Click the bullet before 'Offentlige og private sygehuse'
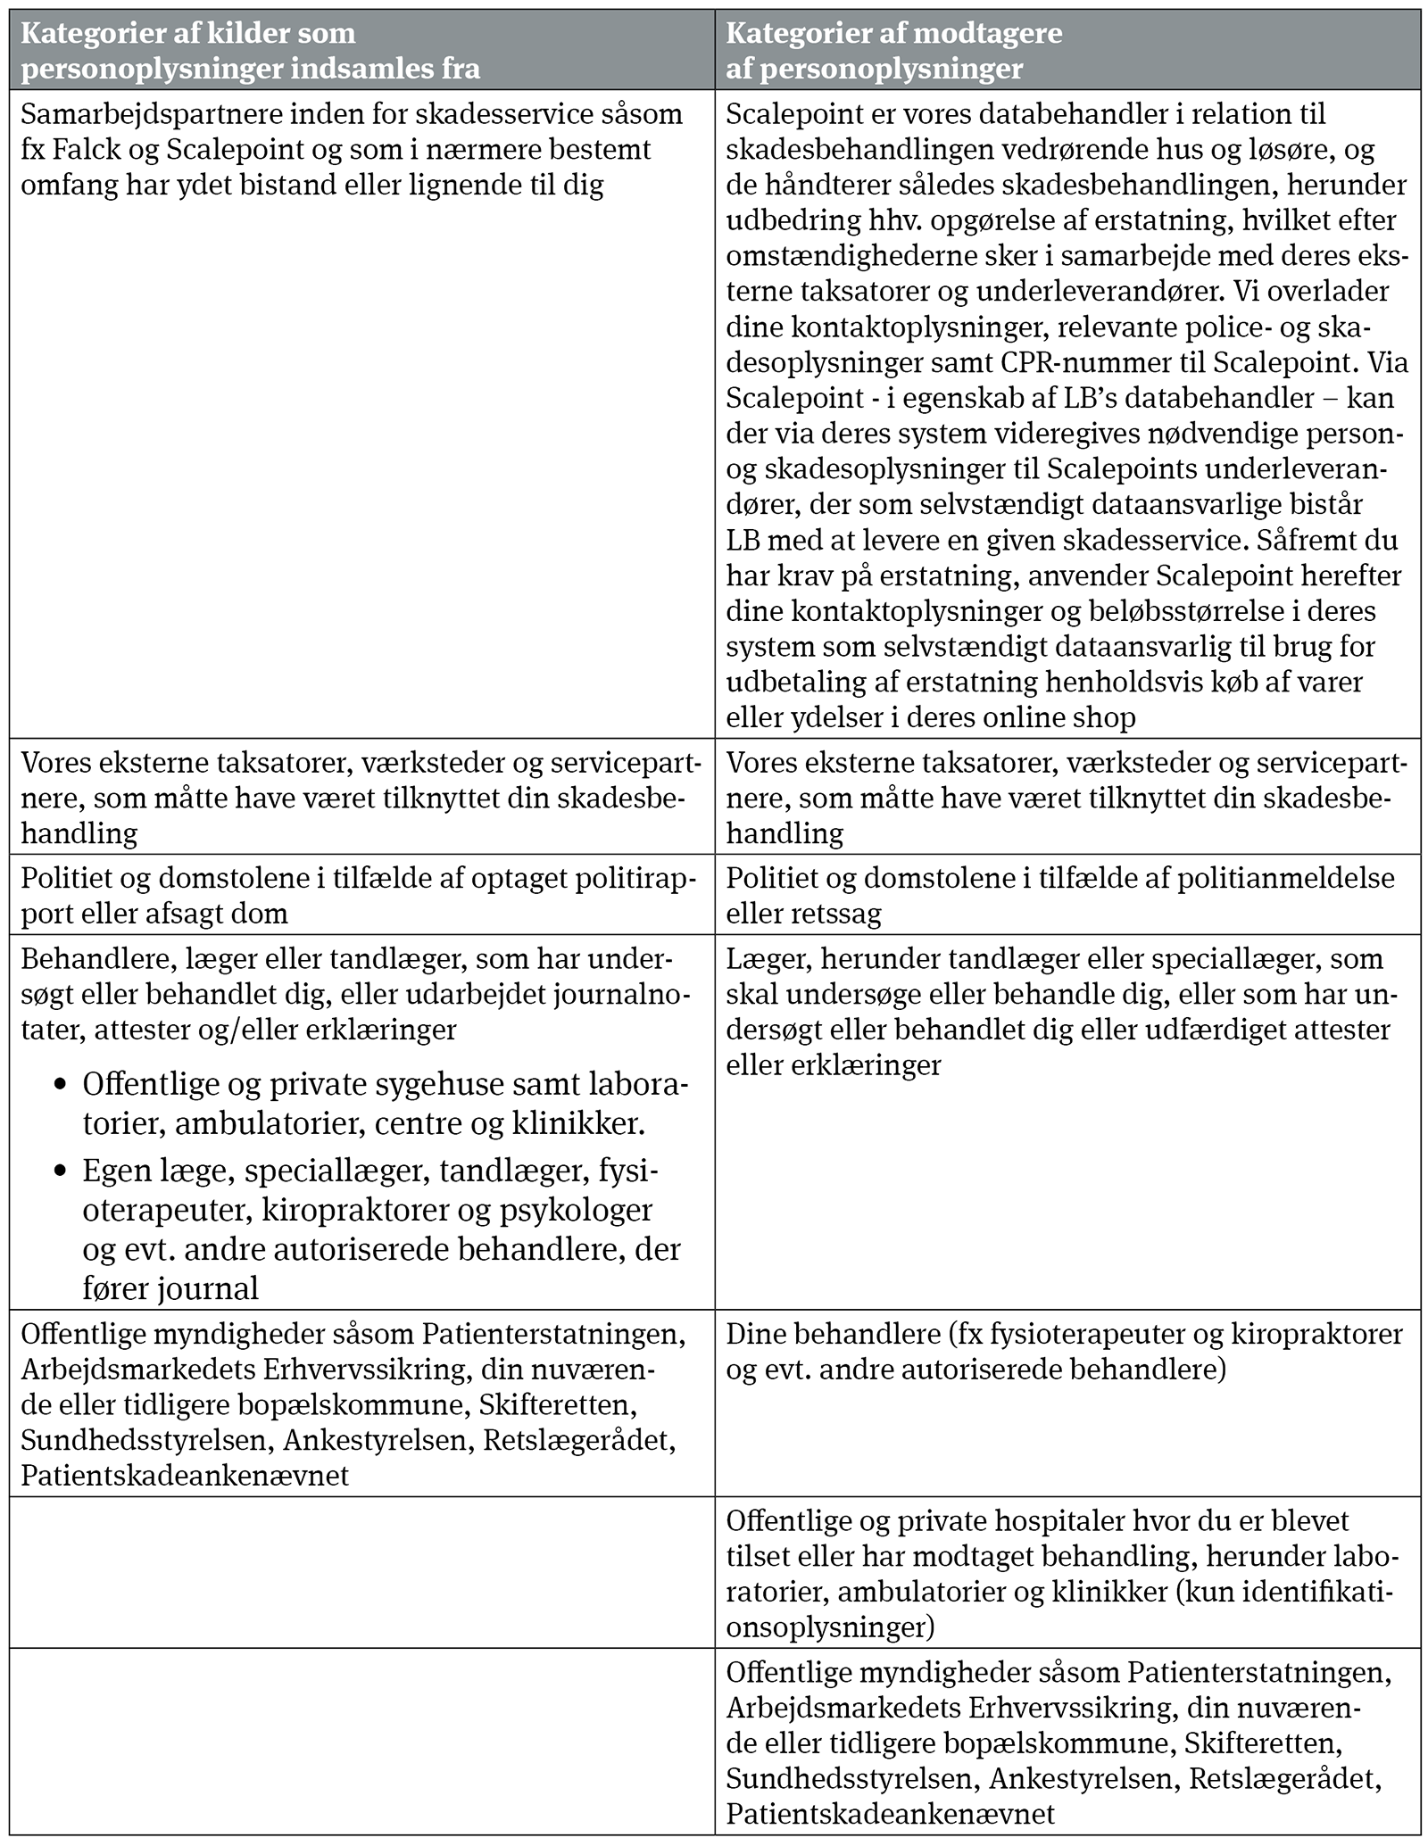click(x=61, y=1085)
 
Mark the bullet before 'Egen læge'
click(x=61, y=1171)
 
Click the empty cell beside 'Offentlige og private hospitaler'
click(x=362, y=1571)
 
